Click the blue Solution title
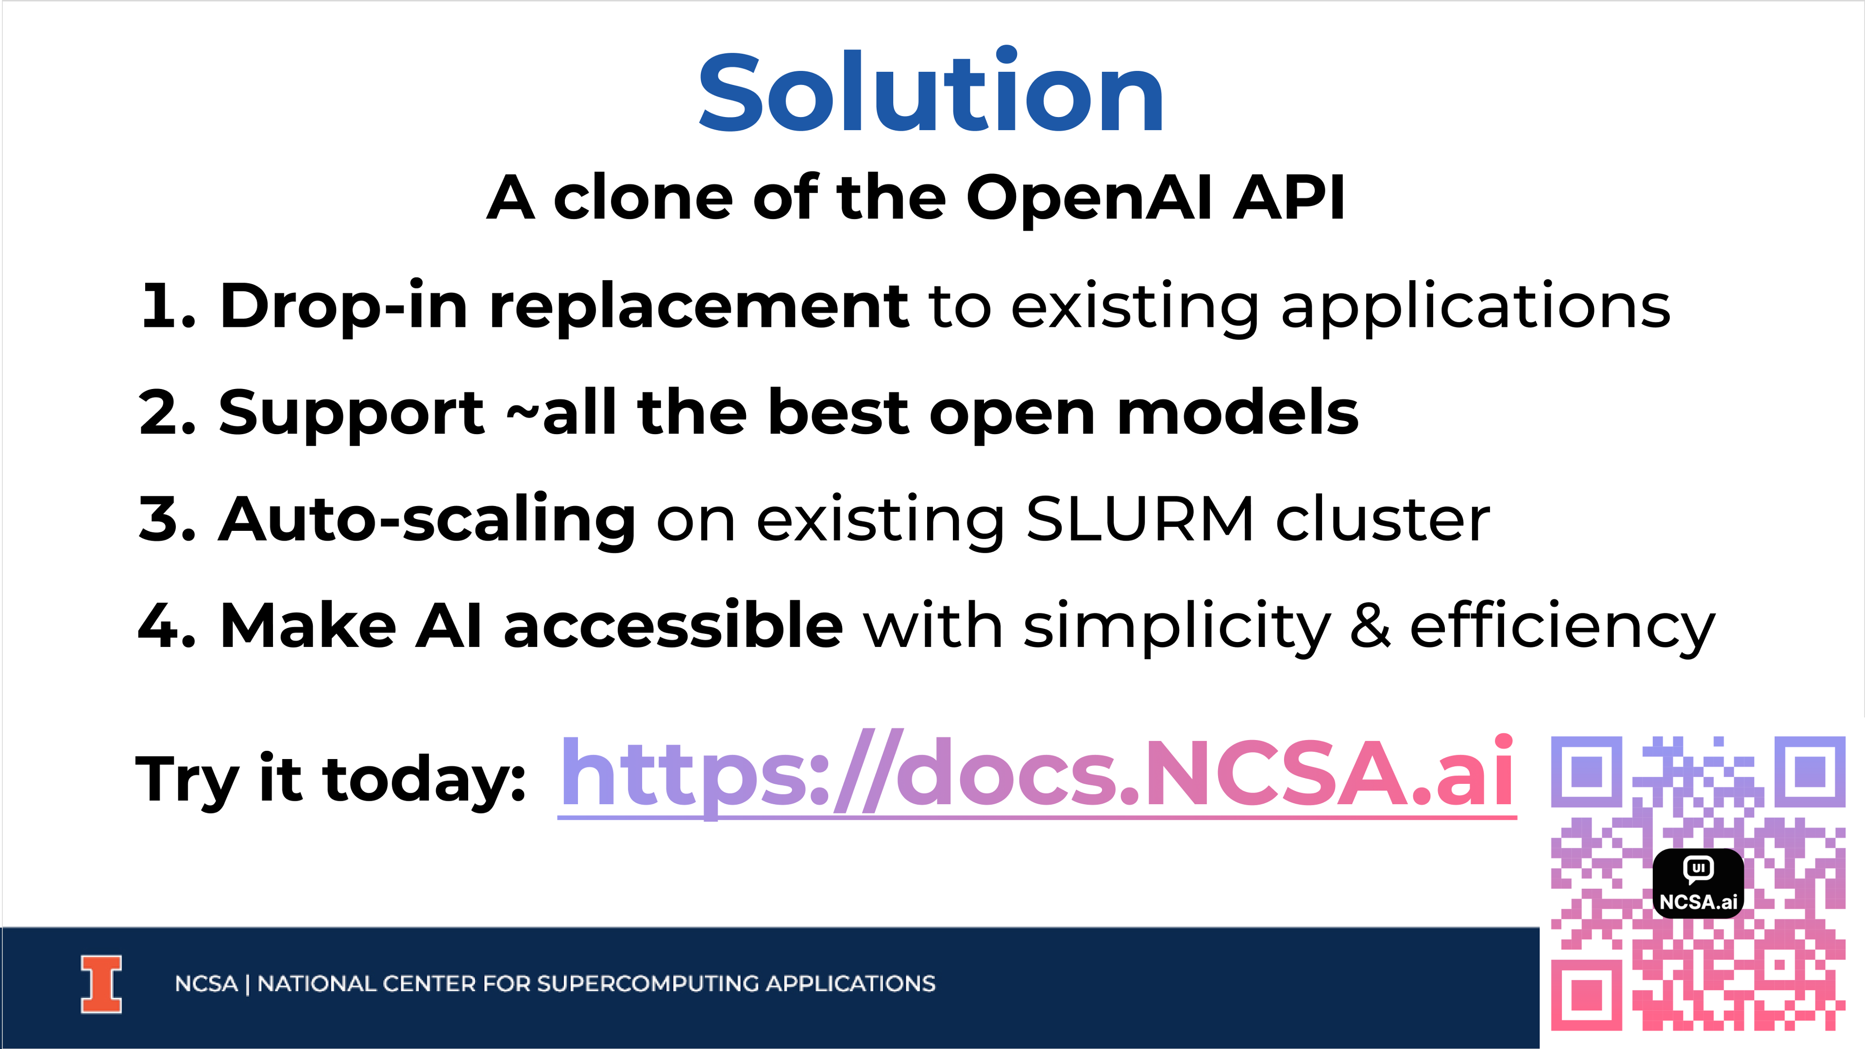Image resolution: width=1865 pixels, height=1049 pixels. (x=931, y=90)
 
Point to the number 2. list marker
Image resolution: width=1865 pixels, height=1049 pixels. (x=167, y=413)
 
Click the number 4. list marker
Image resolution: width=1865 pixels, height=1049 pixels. (x=167, y=626)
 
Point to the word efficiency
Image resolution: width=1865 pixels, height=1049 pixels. (x=1562, y=627)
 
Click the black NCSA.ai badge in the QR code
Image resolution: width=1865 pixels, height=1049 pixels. (x=1698, y=883)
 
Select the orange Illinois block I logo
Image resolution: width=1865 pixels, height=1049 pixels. (x=102, y=984)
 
